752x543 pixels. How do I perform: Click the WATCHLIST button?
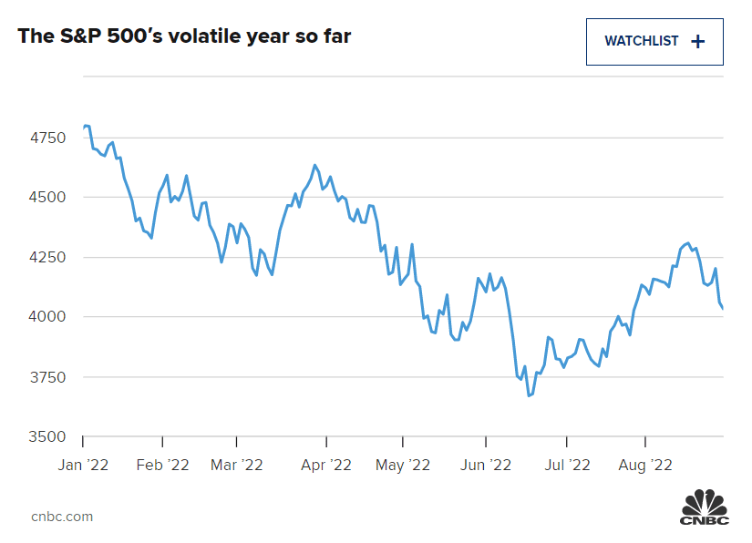pos(654,41)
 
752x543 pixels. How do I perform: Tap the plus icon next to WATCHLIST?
pos(698,41)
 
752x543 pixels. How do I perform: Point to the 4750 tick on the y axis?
pos(47,138)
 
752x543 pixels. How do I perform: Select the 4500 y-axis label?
pos(47,198)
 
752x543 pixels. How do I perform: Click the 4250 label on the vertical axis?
pos(47,258)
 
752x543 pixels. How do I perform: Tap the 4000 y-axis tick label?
pos(47,317)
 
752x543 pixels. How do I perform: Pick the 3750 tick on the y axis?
pos(47,377)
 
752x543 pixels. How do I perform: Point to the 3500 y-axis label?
pos(47,436)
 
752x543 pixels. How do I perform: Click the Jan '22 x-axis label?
pos(83,465)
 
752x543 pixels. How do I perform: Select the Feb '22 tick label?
pos(162,465)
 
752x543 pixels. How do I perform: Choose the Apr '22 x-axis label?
pos(325,465)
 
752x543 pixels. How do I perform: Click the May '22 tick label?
pos(402,465)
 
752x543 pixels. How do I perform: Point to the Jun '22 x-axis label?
pos(486,465)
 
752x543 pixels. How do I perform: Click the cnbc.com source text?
pos(62,517)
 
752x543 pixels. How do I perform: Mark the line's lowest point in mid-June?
pos(529,395)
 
